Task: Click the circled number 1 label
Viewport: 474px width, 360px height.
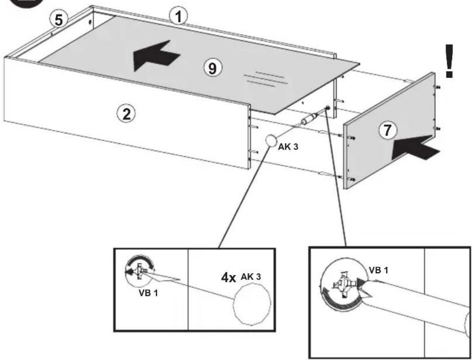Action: pyautogui.click(x=178, y=16)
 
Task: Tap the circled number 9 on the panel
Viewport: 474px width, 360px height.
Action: pyautogui.click(x=213, y=68)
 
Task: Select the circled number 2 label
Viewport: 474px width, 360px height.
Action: pyautogui.click(x=126, y=114)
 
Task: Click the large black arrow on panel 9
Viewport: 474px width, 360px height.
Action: pyautogui.click(x=156, y=56)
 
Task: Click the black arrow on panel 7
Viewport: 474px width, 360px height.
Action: pyautogui.click(x=416, y=148)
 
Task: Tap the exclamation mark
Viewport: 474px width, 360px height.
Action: pyautogui.click(x=449, y=61)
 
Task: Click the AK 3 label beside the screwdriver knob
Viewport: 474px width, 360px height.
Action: pyautogui.click(x=288, y=147)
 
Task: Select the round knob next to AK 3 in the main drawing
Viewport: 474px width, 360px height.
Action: pyautogui.click(x=271, y=141)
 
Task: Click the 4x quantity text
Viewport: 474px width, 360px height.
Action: pyautogui.click(x=228, y=278)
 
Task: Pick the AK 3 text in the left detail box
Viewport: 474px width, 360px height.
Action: pyautogui.click(x=251, y=277)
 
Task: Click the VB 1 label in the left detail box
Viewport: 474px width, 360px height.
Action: pyautogui.click(x=148, y=293)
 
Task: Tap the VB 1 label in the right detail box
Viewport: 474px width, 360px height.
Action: pyautogui.click(x=378, y=270)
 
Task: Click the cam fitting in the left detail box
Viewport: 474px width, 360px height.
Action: pyautogui.click(x=140, y=271)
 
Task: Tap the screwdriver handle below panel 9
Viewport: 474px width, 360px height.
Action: pyautogui.click(x=307, y=119)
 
